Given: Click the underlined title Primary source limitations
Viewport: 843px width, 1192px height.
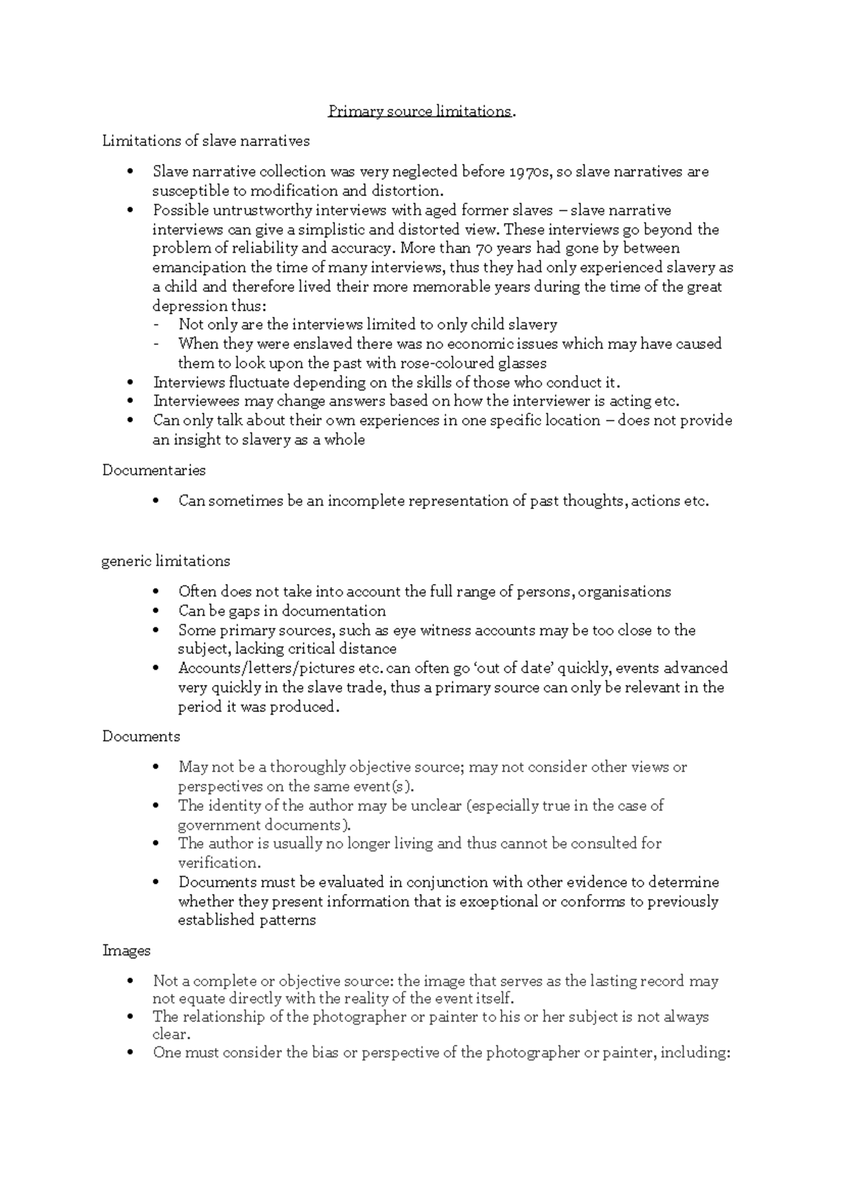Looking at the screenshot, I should (420, 112).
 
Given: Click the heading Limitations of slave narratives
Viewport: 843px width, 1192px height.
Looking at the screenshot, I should (206, 141).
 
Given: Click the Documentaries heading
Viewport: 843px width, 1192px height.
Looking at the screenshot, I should (154, 470).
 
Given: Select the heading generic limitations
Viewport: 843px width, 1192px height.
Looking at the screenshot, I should (166, 562).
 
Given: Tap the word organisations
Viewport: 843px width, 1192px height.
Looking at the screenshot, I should (624, 592).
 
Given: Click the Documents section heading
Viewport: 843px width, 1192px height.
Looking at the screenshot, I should (141, 736).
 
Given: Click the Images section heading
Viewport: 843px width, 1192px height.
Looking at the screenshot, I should (126, 951).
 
